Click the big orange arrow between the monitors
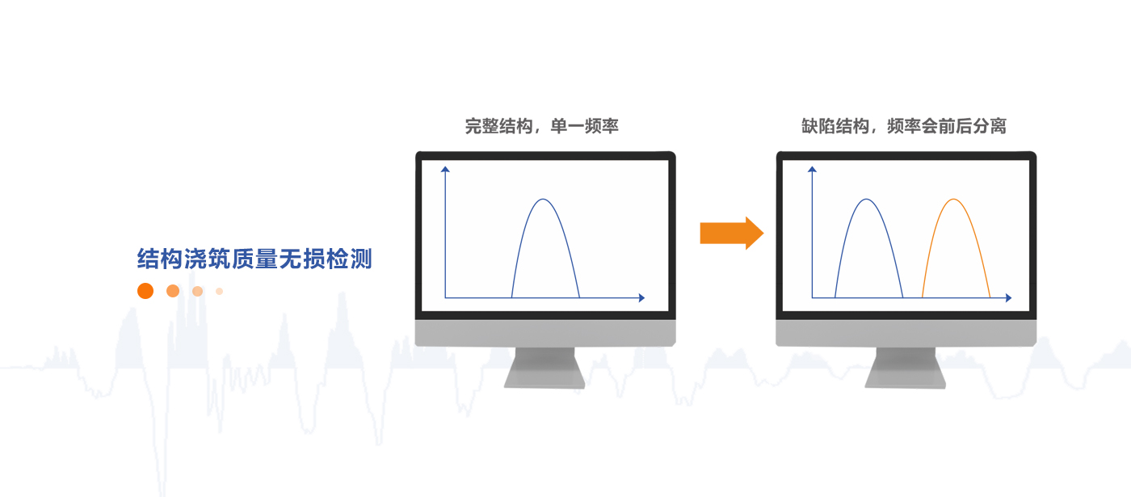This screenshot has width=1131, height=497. pyautogui.click(x=731, y=234)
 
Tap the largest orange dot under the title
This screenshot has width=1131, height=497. pyautogui.click(x=145, y=291)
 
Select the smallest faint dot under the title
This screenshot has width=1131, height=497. pyautogui.click(x=219, y=292)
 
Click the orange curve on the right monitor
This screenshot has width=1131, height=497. pyautogui.click(x=953, y=200)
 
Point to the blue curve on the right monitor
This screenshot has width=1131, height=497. pyautogui.click(x=866, y=200)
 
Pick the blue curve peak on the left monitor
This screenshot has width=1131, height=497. pyautogui.click(x=543, y=200)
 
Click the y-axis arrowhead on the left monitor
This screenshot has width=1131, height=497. pyautogui.click(x=445, y=169)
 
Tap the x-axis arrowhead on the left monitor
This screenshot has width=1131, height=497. pyautogui.click(x=641, y=298)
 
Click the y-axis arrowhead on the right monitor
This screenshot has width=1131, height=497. pyautogui.click(x=812, y=169)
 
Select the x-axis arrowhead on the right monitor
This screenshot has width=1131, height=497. pyautogui.click(x=1008, y=298)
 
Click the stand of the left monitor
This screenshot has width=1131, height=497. pyautogui.click(x=544, y=368)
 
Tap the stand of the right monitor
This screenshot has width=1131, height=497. pyautogui.click(x=906, y=368)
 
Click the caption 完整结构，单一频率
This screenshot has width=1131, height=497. pyautogui.click(x=541, y=126)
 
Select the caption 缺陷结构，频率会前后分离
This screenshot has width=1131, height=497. pyautogui.click(x=904, y=126)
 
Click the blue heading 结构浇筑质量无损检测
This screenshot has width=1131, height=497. pyautogui.click(x=254, y=259)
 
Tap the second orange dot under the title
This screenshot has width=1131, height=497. pyautogui.click(x=173, y=291)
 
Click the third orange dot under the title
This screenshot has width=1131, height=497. pyautogui.click(x=197, y=292)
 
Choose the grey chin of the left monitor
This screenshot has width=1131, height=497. pyautogui.click(x=545, y=333)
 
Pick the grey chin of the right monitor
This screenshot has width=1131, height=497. pyautogui.click(x=906, y=333)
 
